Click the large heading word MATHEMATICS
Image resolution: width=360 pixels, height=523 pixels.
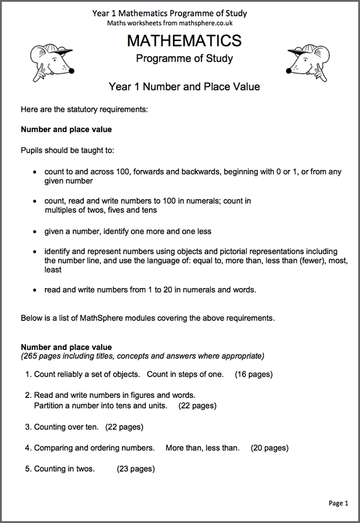click(184, 41)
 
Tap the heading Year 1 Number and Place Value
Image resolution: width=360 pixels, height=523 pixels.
click(184, 87)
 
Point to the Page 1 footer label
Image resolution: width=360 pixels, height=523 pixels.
click(338, 503)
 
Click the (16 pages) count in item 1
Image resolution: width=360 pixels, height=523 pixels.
click(254, 374)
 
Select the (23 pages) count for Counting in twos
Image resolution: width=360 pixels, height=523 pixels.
click(136, 469)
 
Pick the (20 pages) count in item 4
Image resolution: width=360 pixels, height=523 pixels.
click(270, 448)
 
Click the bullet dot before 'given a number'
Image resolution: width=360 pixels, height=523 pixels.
click(35, 232)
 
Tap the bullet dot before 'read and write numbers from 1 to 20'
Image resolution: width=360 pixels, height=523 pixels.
click(35, 290)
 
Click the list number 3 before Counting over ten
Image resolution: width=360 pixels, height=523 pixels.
click(28, 427)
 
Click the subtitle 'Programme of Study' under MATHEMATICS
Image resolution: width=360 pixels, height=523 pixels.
click(184, 59)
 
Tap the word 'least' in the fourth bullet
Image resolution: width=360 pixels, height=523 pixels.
click(53, 270)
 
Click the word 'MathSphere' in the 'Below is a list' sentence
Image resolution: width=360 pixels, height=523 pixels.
click(101, 318)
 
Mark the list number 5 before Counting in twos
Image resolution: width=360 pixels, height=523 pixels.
click(28, 469)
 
